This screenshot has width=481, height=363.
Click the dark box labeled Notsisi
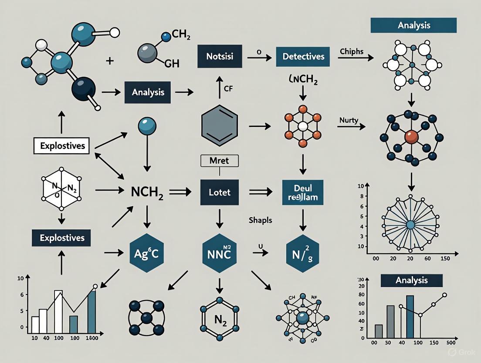[x=219, y=56]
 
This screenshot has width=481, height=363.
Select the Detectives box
[x=303, y=56]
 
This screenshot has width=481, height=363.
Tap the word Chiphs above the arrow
[x=351, y=51]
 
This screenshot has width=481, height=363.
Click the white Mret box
[x=220, y=161]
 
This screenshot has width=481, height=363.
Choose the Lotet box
[x=220, y=192]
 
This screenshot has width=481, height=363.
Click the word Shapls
[x=261, y=220]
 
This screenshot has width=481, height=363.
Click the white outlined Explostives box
[x=61, y=146]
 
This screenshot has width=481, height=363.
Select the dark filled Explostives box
[x=61, y=238]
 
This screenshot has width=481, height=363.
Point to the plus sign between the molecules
[x=110, y=61]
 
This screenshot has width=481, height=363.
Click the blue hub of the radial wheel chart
[x=410, y=224]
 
